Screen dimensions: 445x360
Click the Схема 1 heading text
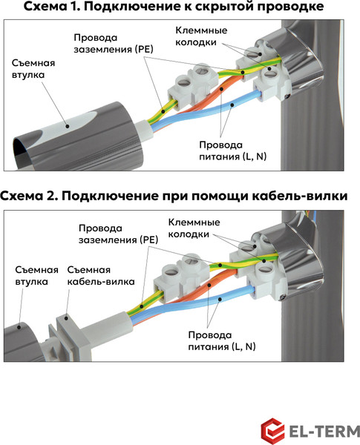coord(174,7)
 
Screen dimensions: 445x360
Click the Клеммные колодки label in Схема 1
coord(200,36)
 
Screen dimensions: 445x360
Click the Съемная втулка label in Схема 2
coord(32,276)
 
